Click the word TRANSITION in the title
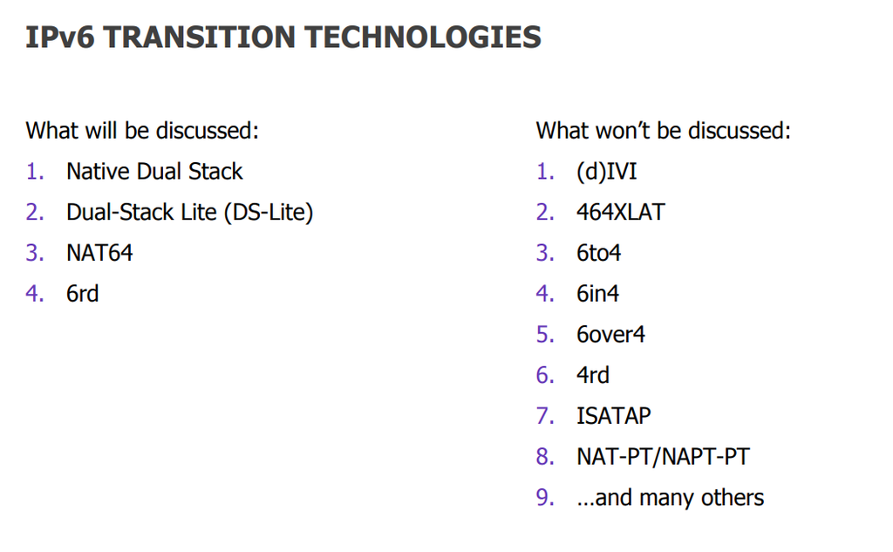pyautogui.click(x=200, y=37)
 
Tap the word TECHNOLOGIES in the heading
pyautogui.click(x=423, y=37)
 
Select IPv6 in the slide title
pyautogui.click(x=60, y=37)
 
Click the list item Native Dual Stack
pyautogui.click(x=154, y=172)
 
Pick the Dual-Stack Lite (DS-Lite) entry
pyautogui.click(x=189, y=213)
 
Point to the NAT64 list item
pyautogui.click(x=99, y=253)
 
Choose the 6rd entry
pyautogui.click(x=83, y=294)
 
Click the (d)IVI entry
pyautogui.click(x=607, y=172)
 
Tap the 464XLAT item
pyautogui.click(x=620, y=213)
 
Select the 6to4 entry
pyautogui.click(x=598, y=253)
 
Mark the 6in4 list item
pyautogui.click(x=597, y=294)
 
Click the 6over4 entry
pyautogui.click(x=610, y=334)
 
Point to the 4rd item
pyautogui.click(x=593, y=375)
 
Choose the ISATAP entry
pyautogui.click(x=613, y=416)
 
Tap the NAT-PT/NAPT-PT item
pyautogui.click(x=663, y=457)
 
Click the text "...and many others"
pyautogui.click(x=671, y=498)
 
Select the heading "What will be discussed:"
pyautogui.click(x=142, y=131)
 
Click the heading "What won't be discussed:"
pyautogui.click(x=664, y=131)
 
